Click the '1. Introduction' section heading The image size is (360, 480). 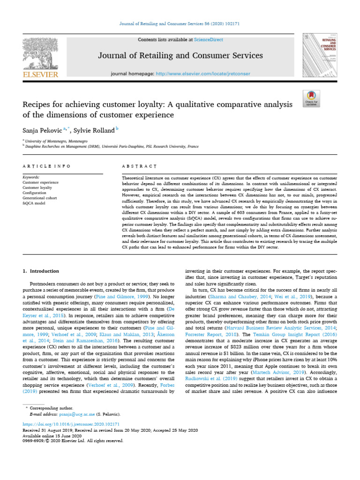coord(41,271)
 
